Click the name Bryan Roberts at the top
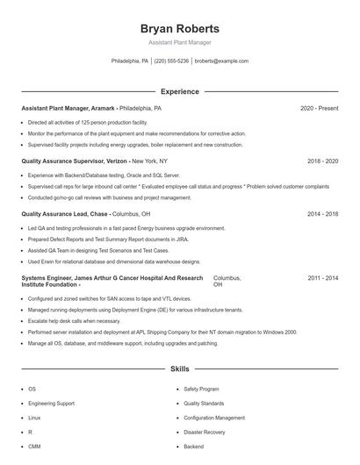click(179, 28)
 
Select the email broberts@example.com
click(221, 61)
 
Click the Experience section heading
click(179, 91)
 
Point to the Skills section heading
click(179, 369)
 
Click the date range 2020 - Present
click(319, 108)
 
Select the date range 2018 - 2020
click(322, 161)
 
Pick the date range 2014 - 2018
click(322, 214)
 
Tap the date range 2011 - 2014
click(322, 277)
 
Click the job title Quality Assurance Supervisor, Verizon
click(76, 161)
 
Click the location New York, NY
click(150, 161)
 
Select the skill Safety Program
click(201, 389)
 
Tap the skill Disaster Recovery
click(204, 433)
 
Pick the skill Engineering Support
click(51, 404)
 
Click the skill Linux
click(34, 418)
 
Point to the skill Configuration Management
click(214, 418)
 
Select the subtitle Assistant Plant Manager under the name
click(179, 42)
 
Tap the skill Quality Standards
click(204, 404)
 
